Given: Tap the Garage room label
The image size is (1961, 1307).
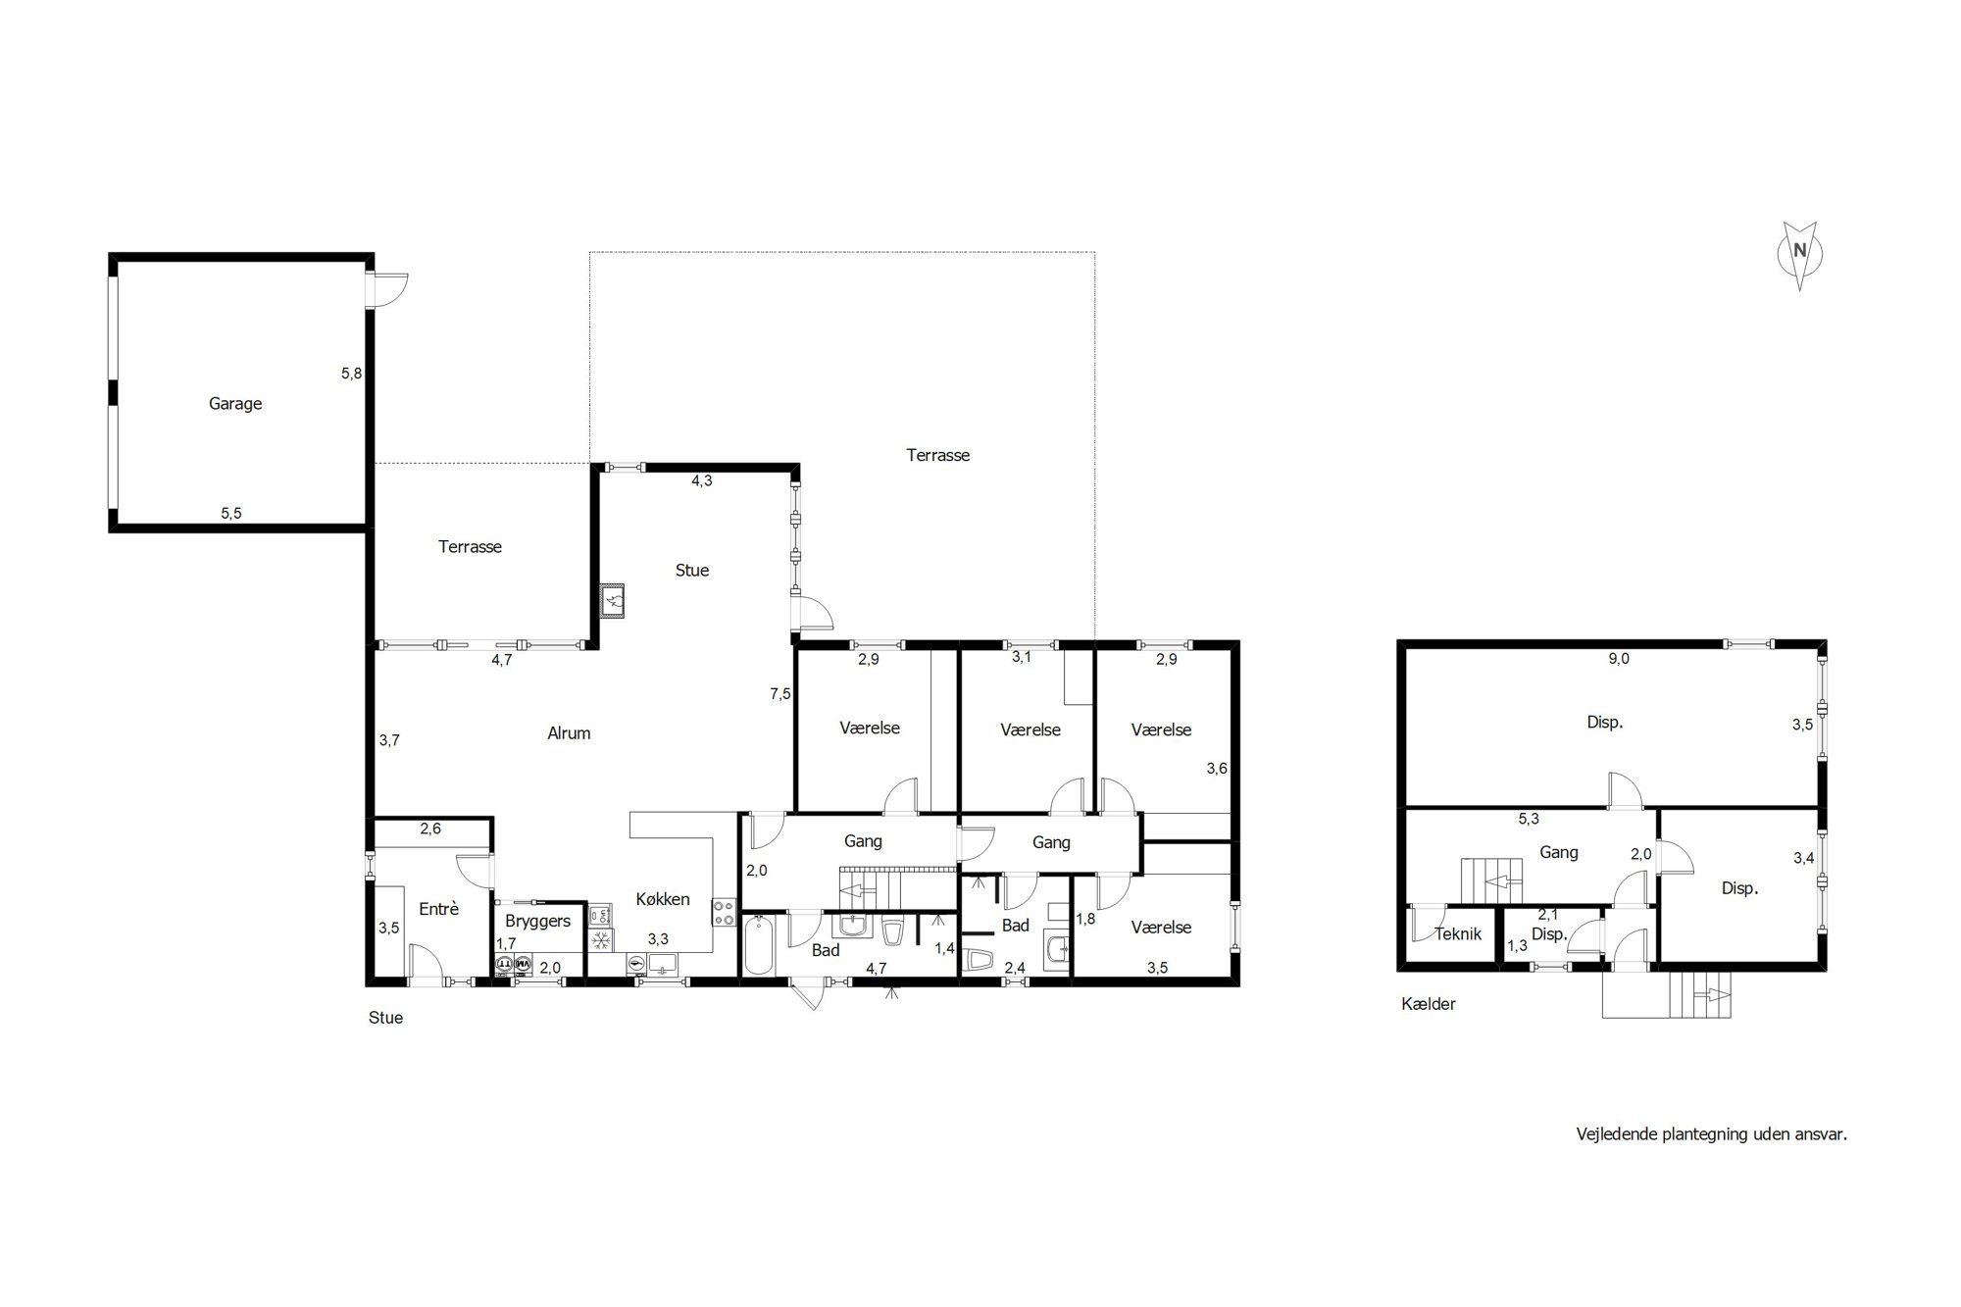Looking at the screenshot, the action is [235, 404].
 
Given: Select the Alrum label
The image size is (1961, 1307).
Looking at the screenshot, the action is [569, 733].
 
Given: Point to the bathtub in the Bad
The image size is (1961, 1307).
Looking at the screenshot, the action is [760, 945].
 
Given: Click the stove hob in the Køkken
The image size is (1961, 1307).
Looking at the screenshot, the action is [724, 914].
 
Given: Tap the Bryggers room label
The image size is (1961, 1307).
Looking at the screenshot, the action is [538, 922].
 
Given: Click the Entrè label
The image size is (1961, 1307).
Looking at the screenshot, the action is [439, 909].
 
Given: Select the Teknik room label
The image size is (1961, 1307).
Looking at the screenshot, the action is [1458, 934].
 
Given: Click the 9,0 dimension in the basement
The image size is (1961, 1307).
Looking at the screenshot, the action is [1619, 659].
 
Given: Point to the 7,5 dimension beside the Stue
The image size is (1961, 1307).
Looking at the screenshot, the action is [780, 694].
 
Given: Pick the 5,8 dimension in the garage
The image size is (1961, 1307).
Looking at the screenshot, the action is [352, 374].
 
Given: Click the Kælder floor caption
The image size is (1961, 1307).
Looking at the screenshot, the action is [1429, 1004].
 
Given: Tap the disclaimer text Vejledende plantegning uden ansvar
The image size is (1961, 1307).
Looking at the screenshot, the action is [1712, 1134].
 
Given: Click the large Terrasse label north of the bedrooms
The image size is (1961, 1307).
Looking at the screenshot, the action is [938, 455].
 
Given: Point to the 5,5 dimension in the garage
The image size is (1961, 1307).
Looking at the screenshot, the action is [231, 513].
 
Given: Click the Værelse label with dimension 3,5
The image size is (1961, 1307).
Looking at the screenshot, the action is [1161, 928].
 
